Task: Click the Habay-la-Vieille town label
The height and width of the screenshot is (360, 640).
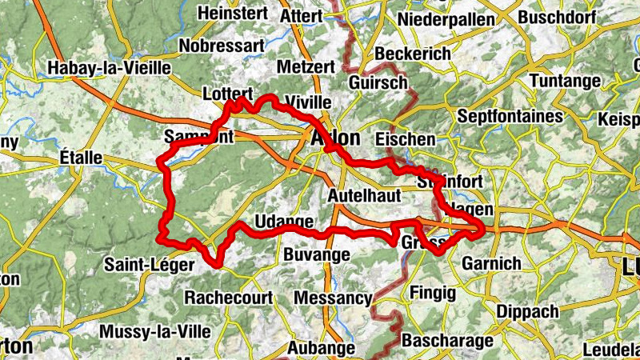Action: (x=110, y=68)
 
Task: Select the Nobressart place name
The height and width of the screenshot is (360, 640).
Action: (x=221, y=46)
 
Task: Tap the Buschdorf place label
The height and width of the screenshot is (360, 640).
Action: (x=558, y=18)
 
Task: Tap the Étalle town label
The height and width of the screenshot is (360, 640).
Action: (x=81, y=158)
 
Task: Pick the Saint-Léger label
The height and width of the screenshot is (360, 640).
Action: (x=149, y=263)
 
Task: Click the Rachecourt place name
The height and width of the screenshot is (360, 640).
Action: (x=227, y=297)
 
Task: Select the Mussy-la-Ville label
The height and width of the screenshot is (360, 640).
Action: (x=155, y=330)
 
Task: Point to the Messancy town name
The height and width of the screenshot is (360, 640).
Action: (x=333, y=298)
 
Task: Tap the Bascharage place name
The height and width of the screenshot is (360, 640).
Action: (x=447, y=341)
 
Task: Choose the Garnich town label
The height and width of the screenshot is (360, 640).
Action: (x=492, y=262)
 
